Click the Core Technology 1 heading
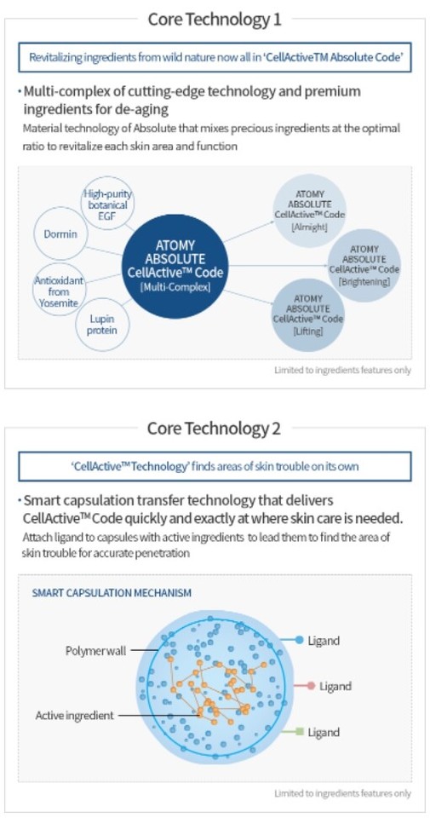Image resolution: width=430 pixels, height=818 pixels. pos(215,20)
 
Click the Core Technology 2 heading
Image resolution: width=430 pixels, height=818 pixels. pos(215,429)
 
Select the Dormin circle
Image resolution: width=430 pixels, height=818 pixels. pos(60,233)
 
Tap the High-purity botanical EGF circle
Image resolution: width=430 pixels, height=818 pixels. pos(107,204)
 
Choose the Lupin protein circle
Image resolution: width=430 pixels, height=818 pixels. pos(102,324)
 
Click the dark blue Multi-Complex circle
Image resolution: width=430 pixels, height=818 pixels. pos(175,266)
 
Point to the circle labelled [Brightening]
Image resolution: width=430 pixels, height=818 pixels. pos(364,265)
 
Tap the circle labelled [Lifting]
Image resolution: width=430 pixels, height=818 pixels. pos(308,315)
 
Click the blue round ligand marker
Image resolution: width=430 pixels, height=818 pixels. pos(299,640)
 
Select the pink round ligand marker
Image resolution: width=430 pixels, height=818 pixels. pos(311,685)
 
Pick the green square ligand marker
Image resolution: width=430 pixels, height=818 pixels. pos(299,731)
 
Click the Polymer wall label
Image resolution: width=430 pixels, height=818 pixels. pos(95,650)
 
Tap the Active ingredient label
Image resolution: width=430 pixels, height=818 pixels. pos(74,715)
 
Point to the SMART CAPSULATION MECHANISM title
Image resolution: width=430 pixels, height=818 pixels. pos(112,593)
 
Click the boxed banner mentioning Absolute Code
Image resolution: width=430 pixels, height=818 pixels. pos(215,57)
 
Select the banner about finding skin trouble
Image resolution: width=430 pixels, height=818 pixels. pos(215,466)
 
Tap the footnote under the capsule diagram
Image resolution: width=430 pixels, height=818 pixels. pos(343,793)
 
